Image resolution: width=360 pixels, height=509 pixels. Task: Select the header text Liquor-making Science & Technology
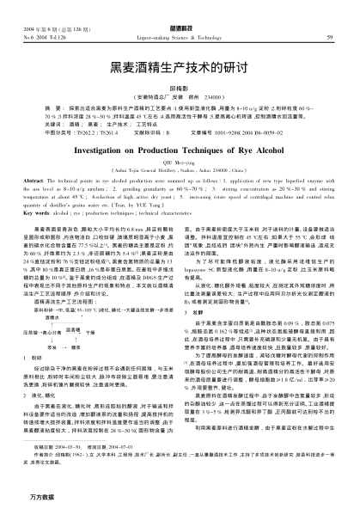tap(180, 37)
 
